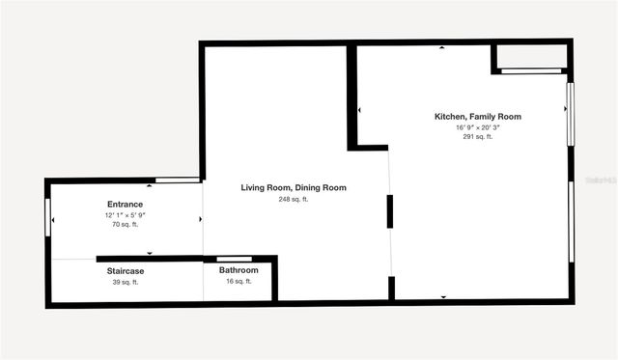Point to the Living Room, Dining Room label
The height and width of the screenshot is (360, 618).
click(x=294, y=187)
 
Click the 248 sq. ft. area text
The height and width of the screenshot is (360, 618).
click(x=294, y=199)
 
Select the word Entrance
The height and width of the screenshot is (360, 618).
click(x=125, y=204)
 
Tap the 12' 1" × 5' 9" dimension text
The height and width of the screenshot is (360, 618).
click(x=125, y=214)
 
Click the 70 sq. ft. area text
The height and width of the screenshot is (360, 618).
click(x=125, y=224)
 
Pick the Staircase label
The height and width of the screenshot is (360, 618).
click(x=125, y=271)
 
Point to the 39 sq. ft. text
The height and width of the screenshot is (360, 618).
click(x=125, y=282)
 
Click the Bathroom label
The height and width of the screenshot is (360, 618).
click(x=239, y=271)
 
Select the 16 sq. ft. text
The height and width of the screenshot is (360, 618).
click(x=239, y=282)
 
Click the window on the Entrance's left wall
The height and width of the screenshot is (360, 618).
click(x=47, y=216)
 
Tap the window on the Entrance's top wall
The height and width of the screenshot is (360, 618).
click(x=177, y=180)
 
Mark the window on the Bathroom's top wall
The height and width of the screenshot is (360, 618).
click(x=234, y=259)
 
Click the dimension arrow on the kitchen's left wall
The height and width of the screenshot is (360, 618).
click(x=360, y=110)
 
